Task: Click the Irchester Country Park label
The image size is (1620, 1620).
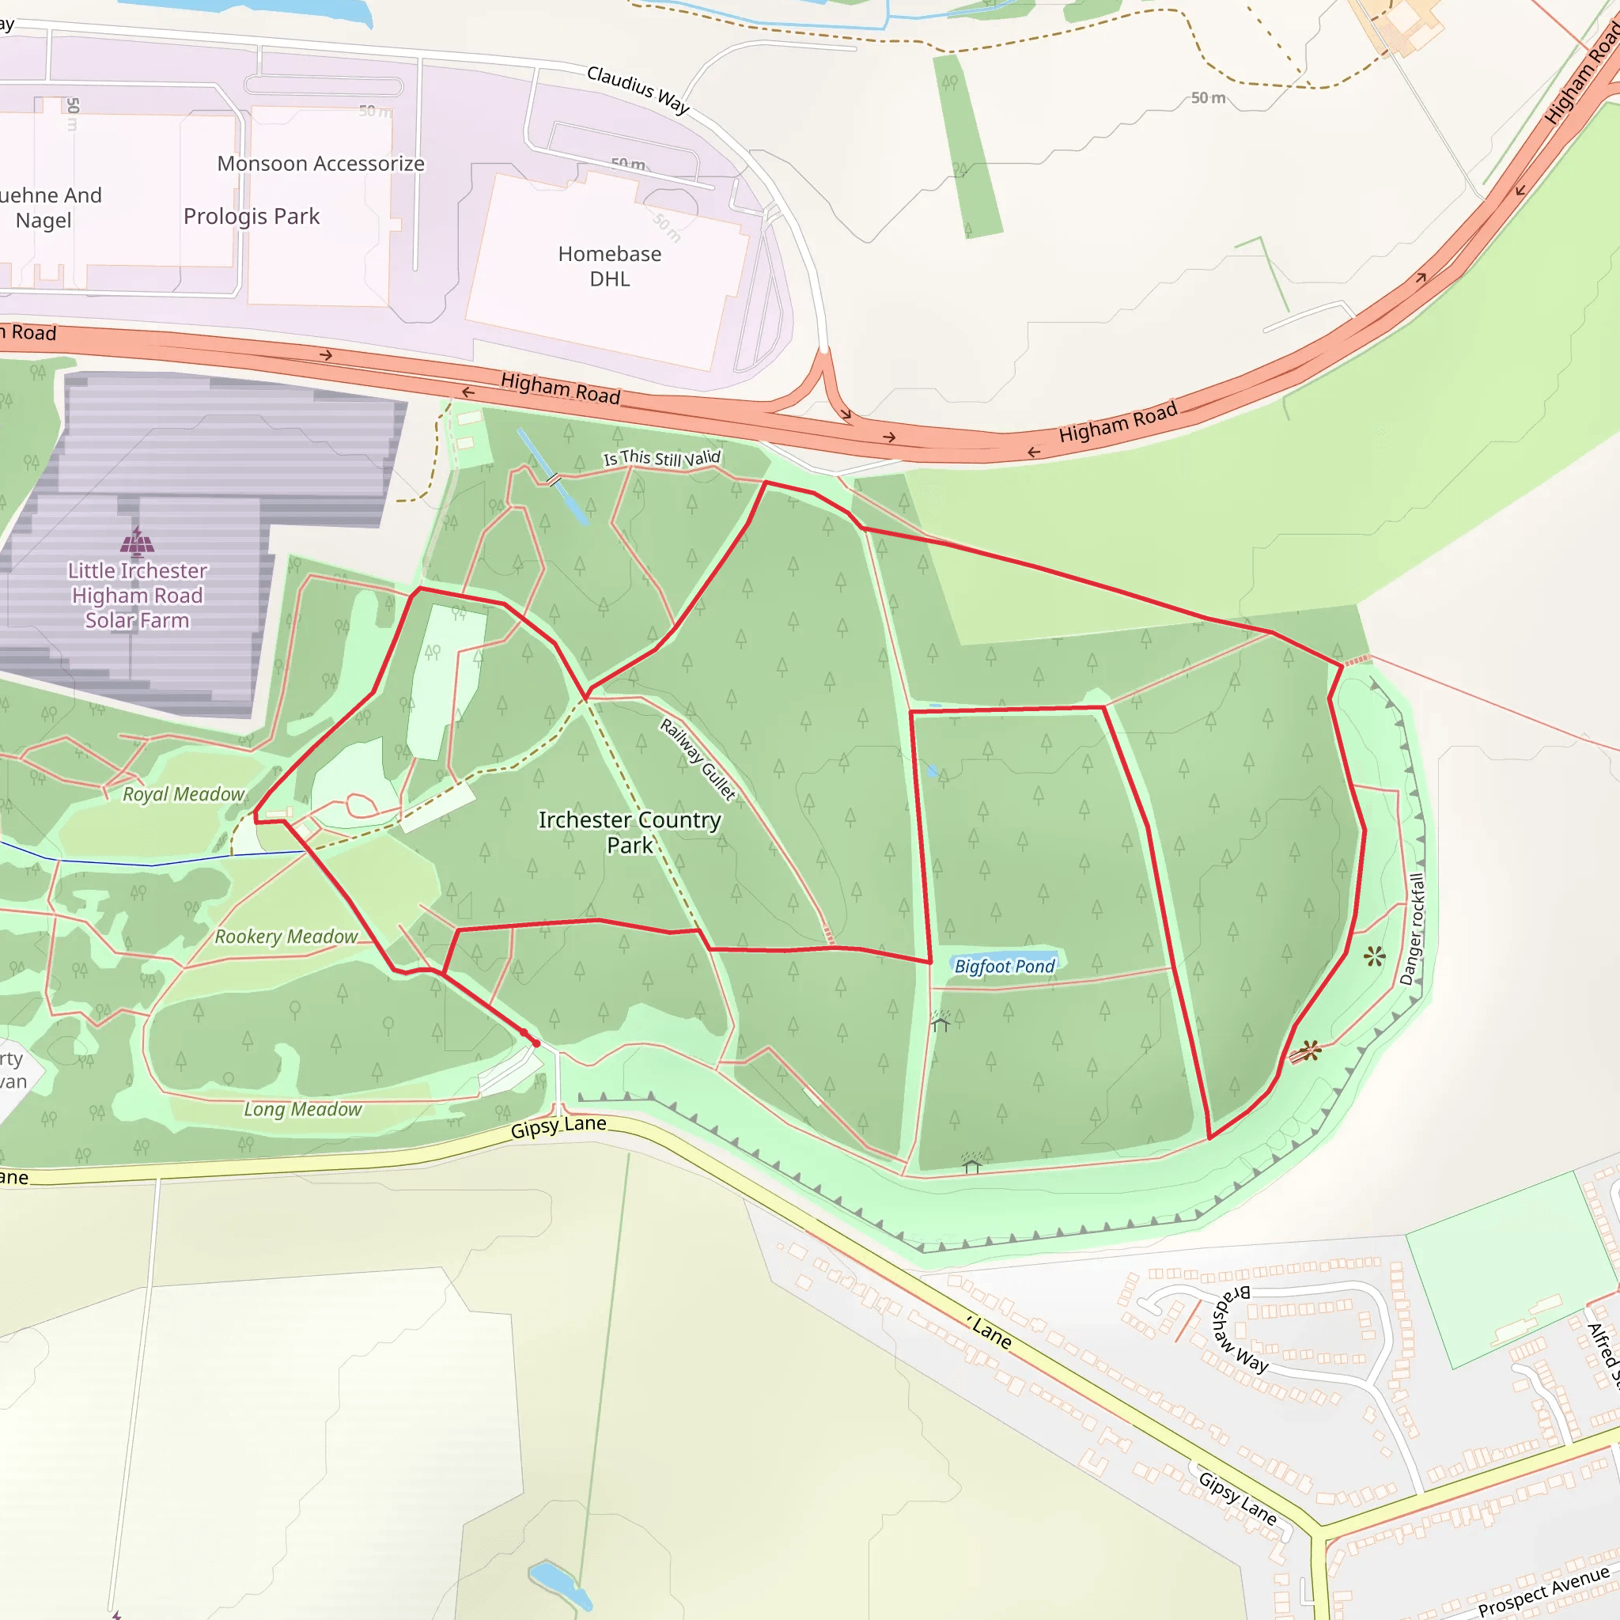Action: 629,832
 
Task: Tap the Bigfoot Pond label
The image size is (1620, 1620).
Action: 1005,966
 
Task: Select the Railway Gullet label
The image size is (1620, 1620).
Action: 698,759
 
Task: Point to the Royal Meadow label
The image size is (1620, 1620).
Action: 184,794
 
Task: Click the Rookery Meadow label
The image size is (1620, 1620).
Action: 286,937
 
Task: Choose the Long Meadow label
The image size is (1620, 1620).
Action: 303,1109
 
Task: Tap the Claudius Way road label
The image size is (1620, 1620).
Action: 638,89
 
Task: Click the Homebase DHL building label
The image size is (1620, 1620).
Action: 610,266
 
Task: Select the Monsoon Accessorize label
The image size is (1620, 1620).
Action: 320,164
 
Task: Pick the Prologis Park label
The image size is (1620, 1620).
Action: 252,216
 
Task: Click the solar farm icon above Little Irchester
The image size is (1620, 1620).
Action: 138,542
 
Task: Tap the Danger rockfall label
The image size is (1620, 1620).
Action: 1412,929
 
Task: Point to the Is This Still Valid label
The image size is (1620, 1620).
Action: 661,458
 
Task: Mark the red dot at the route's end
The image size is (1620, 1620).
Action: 536,1043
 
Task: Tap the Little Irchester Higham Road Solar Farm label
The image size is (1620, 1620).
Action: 138,596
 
